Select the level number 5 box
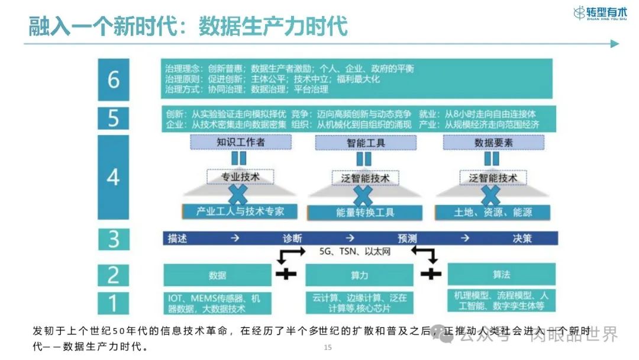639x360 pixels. pyautogui.click(x=113, y=118)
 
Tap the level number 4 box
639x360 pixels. pyautogui.click(x=113, y=177)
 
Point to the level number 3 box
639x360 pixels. pyautogui.click(x=113, y=239)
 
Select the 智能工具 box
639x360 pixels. pyautogui.click(x=366, y=143)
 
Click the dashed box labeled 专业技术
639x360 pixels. pyautogui.click(x=240, y=176)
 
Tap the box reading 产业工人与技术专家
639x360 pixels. pyautogui.click(x=240, y=211)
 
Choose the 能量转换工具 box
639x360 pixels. pyautogui.click(x=365, y=212)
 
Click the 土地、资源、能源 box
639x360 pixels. pyautogui.click(x=493, y=212)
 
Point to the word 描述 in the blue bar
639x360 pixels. pyautogui.click(x=177, y=239)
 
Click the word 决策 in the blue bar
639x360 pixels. pyautogui.click(x=522, y=239)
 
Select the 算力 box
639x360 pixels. pyautogui.click(x=359, y=275)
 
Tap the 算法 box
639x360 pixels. pyautogui.click(x=501, y=275)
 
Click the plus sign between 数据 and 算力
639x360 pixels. pyautogui.click(x=286, y=274)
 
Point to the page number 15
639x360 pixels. pyautogui.click(x=328, y=348)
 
